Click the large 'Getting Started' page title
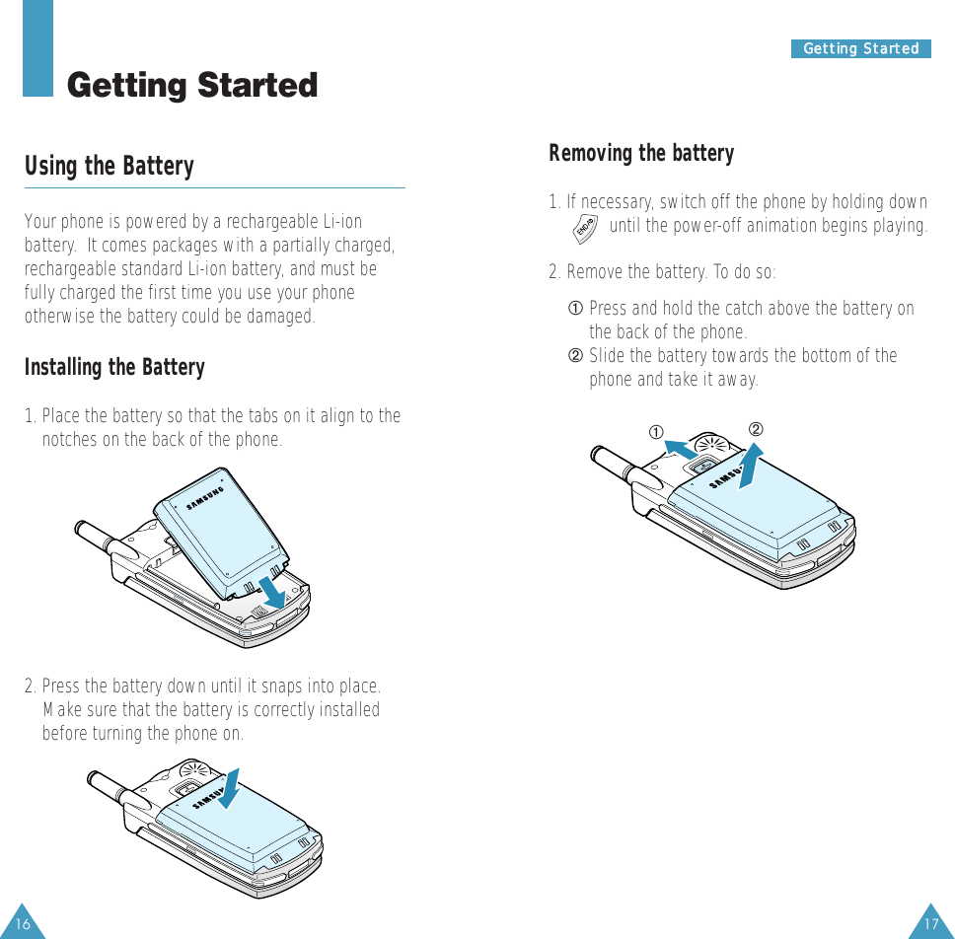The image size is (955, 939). (x=192, y=85)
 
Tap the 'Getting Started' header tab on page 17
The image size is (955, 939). (x=860, y=48)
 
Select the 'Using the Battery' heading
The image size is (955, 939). (x=110, y=166)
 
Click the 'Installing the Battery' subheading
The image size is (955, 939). (x=114, y=367)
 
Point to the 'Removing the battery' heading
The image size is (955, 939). (x=641, y=153)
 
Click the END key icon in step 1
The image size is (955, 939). (x=585, y=229)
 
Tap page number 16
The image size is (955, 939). (x=23, y=924)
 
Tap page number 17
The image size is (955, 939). (x=931, y=924)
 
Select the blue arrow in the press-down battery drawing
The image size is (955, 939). (x=229, y=789)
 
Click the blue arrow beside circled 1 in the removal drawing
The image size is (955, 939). (x=681, y=450)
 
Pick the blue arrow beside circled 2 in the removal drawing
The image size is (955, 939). (x=751, y=466)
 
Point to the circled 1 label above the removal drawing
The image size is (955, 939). (x=655, y=432)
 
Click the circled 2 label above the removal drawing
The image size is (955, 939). (x=756, y=429)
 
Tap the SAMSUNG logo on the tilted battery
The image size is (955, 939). (x=204, y=498)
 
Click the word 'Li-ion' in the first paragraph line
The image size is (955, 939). (x=342, y=222)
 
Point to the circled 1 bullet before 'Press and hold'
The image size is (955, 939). (x=575, y=308)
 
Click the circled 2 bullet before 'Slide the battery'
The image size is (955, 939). (x=575, y=356)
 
